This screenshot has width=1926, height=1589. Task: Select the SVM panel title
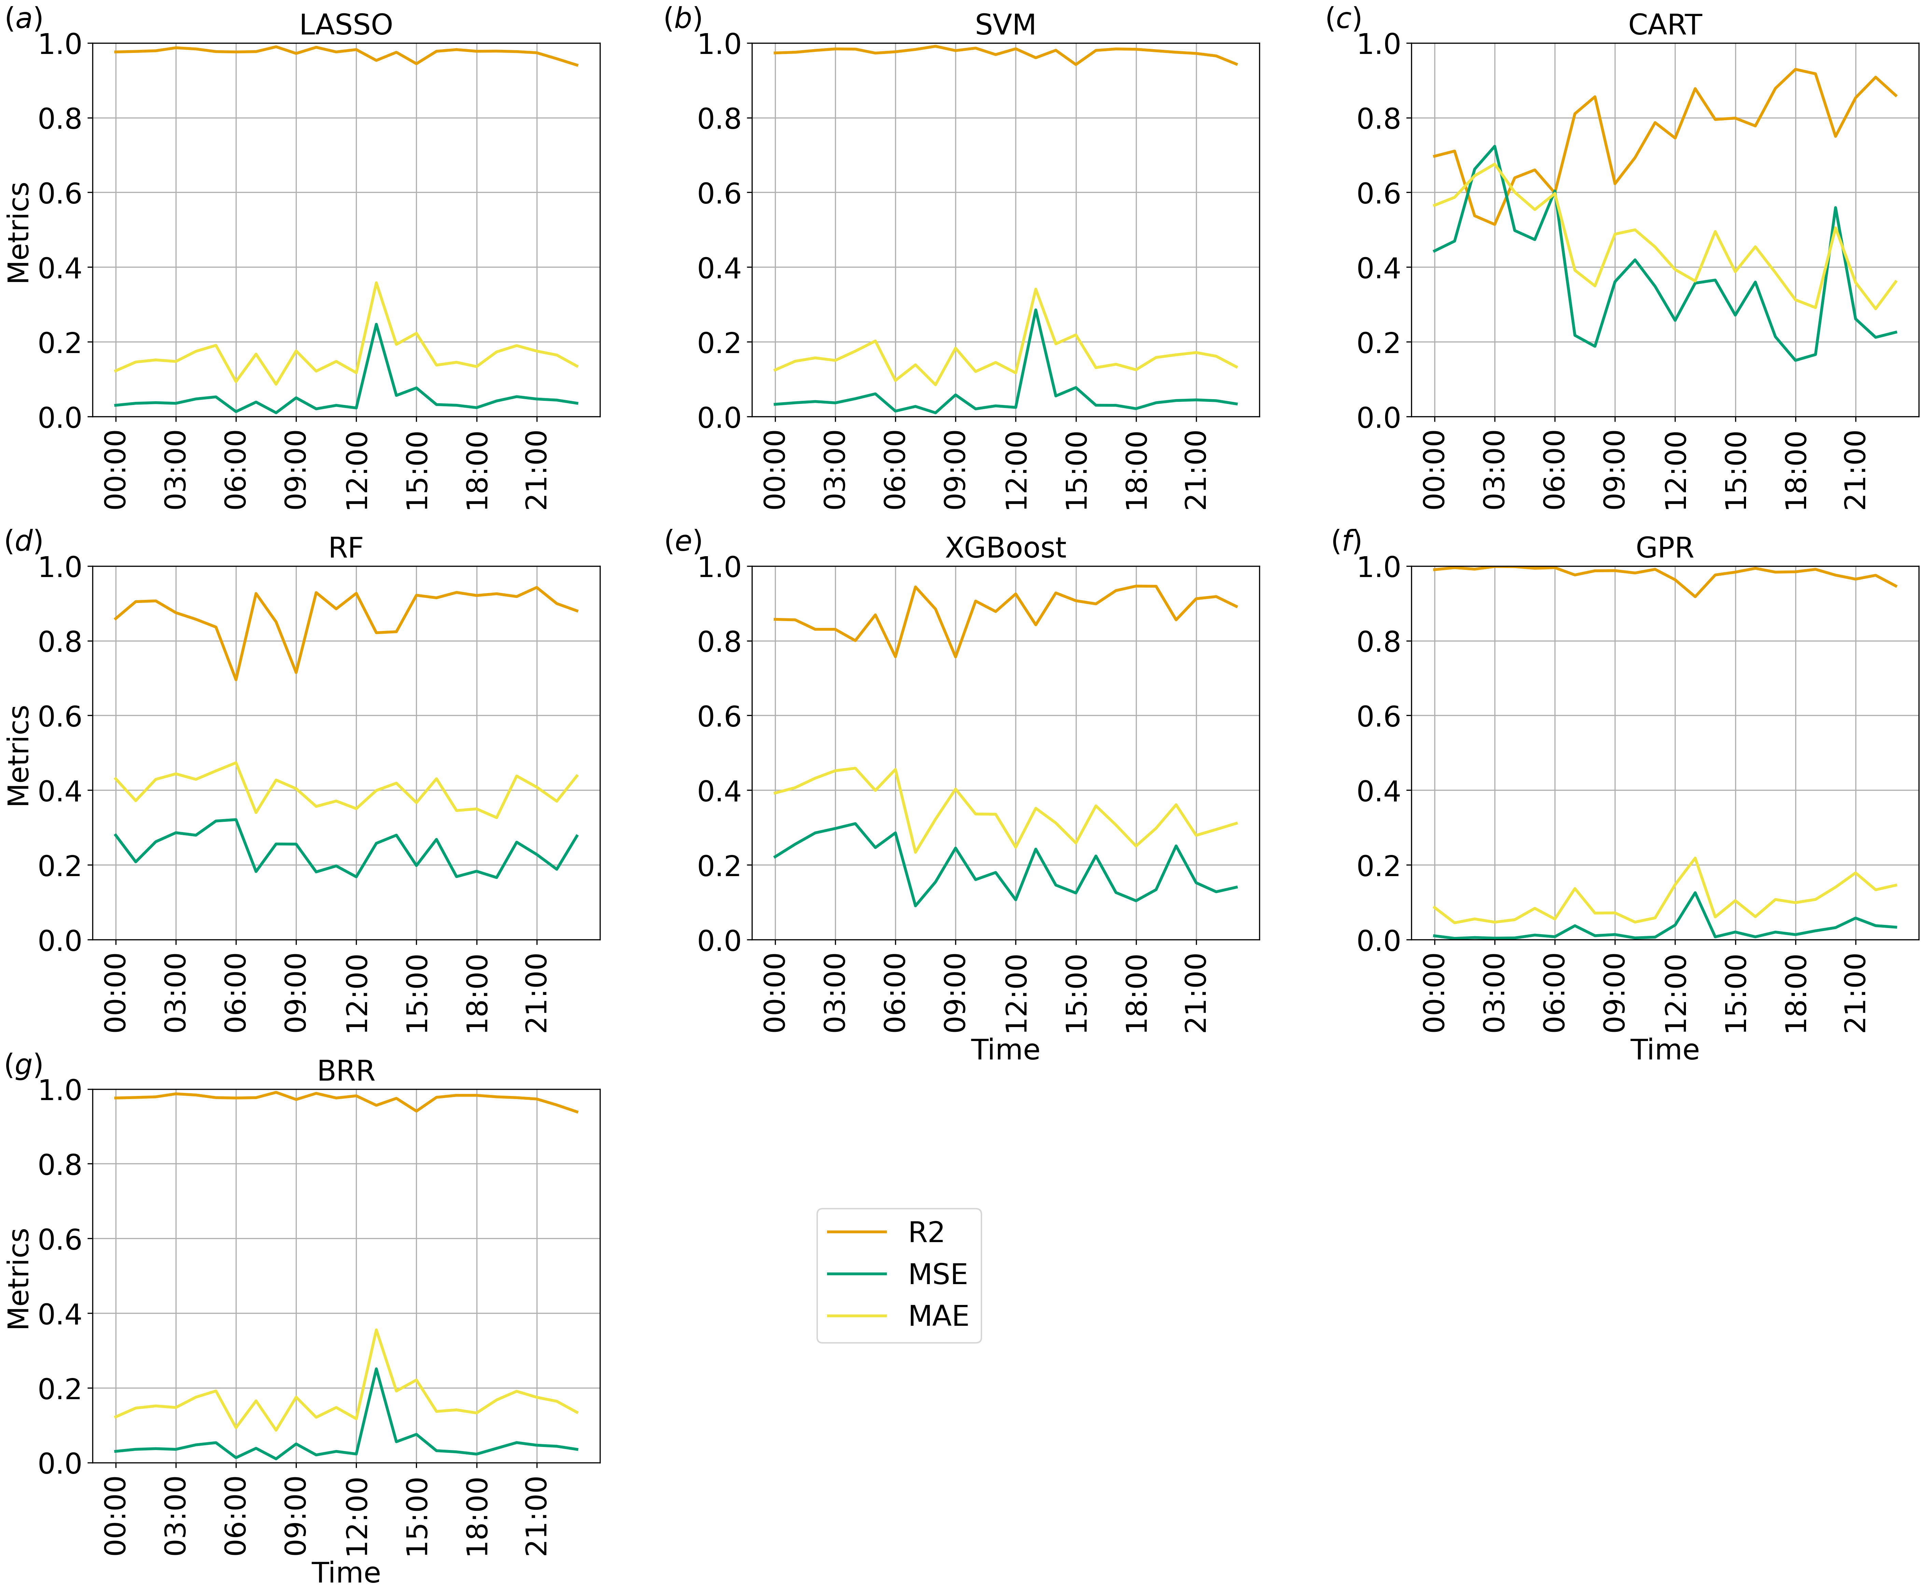[x=1005, y=25]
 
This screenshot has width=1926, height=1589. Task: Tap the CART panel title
[x=1664, y=25]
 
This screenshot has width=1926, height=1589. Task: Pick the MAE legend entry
[x=937, y=1316]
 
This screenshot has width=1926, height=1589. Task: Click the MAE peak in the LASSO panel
[x=376, y=283]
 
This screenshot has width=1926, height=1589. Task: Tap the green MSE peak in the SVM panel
[x=1035, y=309]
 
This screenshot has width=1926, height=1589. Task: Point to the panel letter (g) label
[x=24, y=1065]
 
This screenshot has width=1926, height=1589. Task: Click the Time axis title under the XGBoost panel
[x=1005, y=1050]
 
